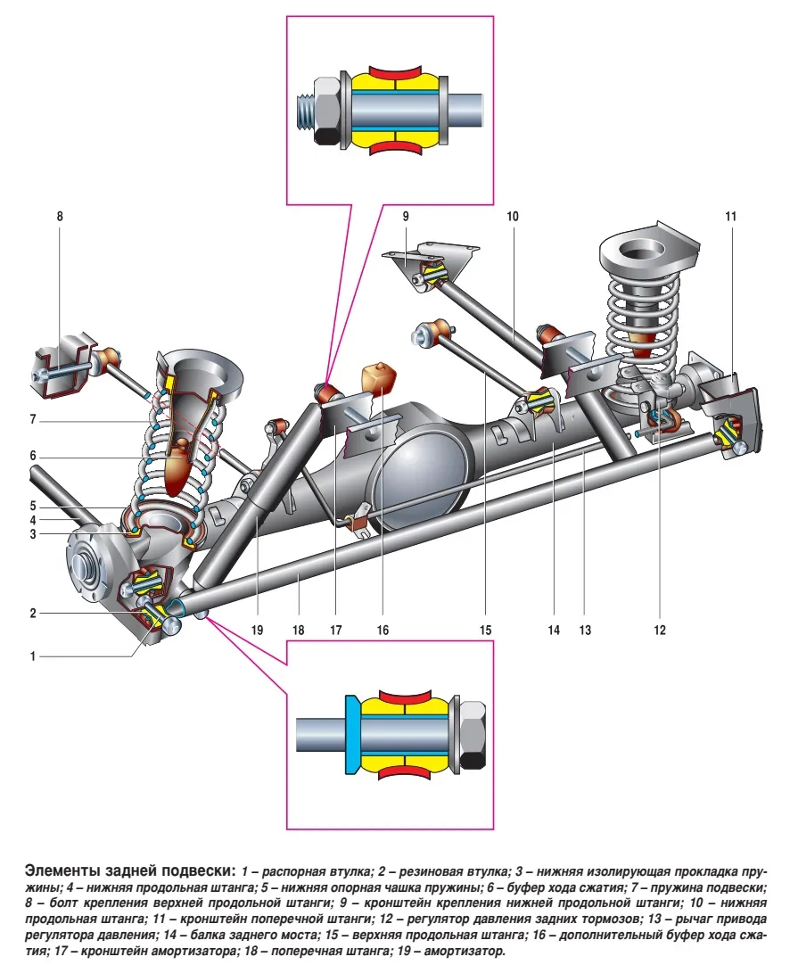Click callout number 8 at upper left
[61, 217]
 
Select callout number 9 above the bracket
[405, 217]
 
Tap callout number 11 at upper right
[731, 217]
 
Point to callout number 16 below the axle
[383, 630]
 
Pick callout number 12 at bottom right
[659, 630]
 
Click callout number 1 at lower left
[34, 656]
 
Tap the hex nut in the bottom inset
[471, 734]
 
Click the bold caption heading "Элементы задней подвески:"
[130, 870]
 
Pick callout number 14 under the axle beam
[554, 630]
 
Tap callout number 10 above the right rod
[513, 217]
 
